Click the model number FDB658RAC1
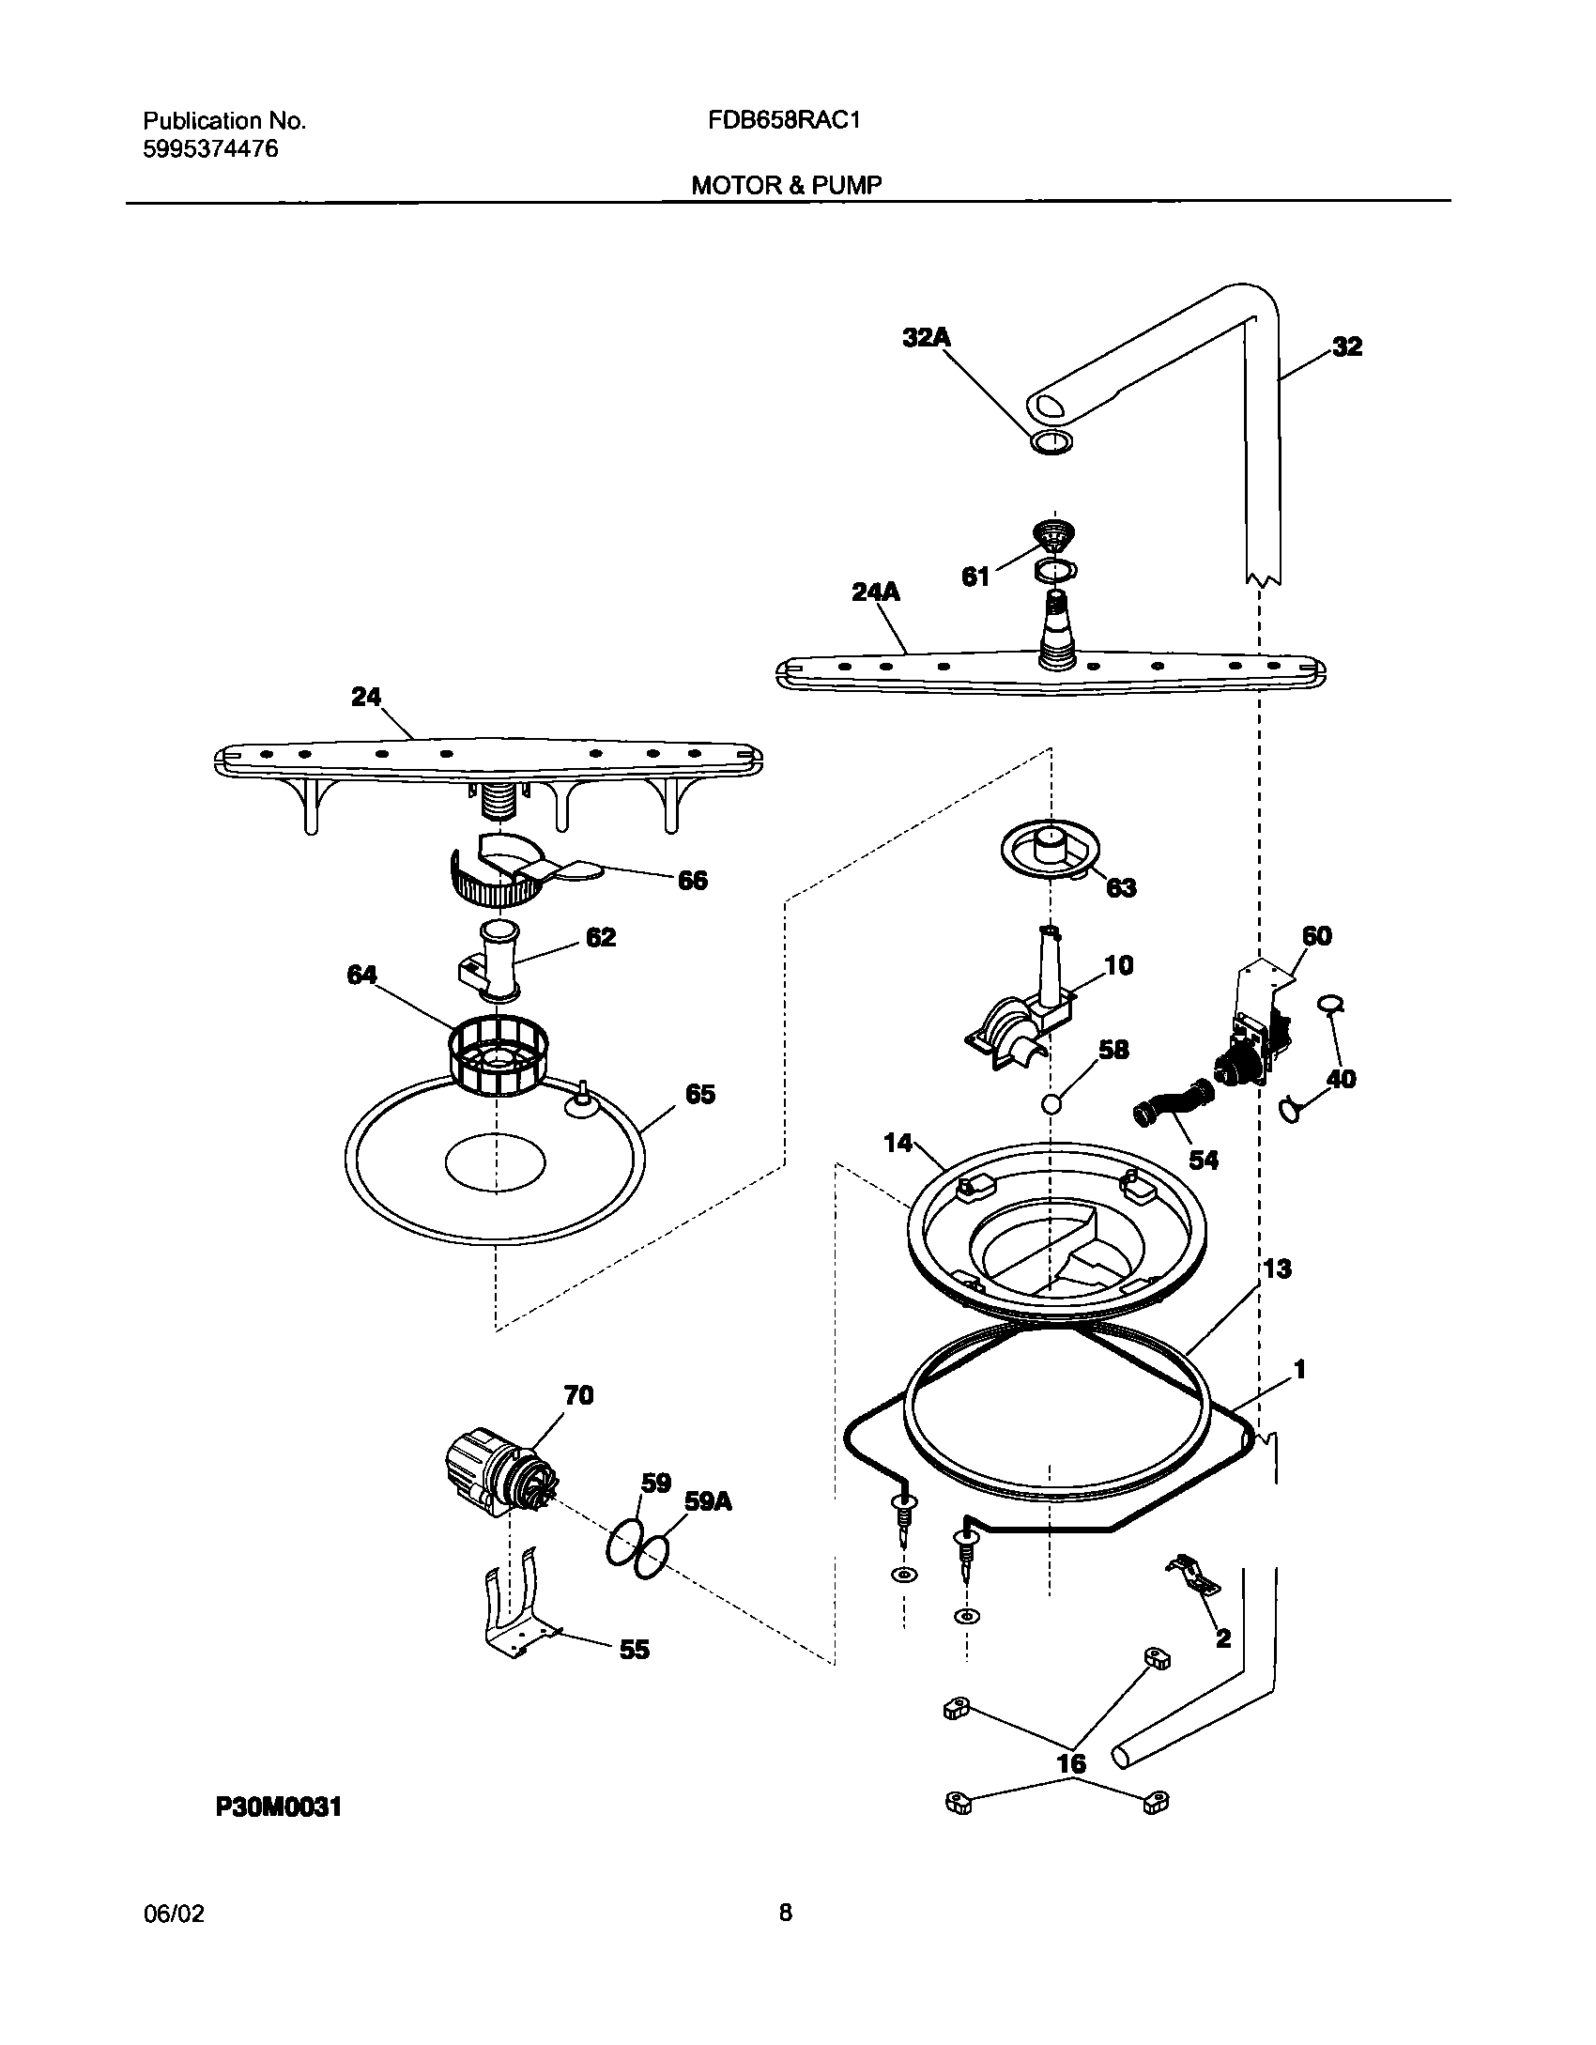[779, 120]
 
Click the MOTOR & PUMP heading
[787, 185]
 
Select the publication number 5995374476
[210, 149]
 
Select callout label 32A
[927, 338]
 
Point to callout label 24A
[875, 592]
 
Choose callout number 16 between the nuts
[1071, 1763]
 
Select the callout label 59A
[708, 1501]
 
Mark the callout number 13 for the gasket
[1277, 1269]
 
